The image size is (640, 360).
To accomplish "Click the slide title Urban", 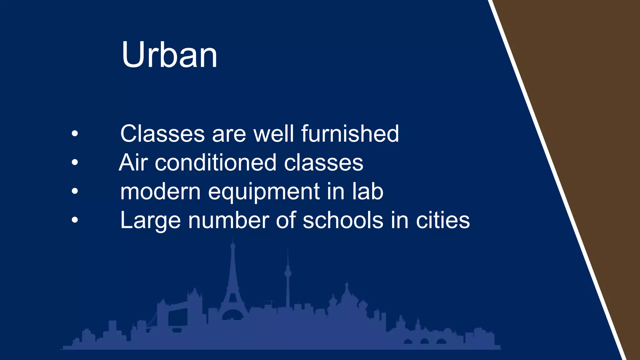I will click(x=169, y=55).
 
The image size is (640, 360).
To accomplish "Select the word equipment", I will click(x=264, y=192).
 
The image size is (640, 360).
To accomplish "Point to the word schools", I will click(x=343, y=220).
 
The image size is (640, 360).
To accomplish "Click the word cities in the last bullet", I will click(x=442, y=220).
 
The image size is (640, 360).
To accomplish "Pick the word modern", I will click(x=160, y=192).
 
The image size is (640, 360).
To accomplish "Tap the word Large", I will click(x=150, y=221).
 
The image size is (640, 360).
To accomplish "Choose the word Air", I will click(x=133, y=163).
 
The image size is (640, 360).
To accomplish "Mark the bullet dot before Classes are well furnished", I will click(x=75, y=134).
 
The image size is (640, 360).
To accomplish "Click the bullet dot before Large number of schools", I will click(x=75, y=220).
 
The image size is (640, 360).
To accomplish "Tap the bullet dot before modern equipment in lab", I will click(x=75, y=191).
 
